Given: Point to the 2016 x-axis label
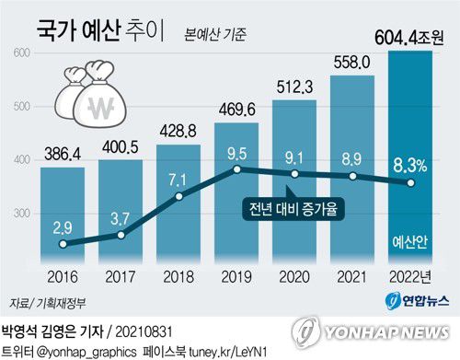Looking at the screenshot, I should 62,275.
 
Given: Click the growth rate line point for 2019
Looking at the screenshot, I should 237,170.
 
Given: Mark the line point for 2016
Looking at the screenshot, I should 62,244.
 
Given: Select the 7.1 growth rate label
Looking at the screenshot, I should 178,178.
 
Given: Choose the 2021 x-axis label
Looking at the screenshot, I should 352,275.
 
